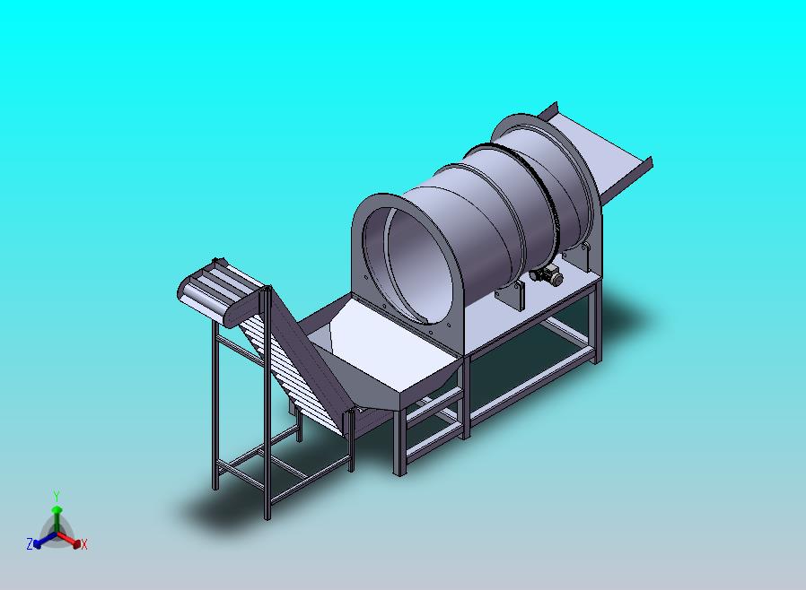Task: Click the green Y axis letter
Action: pos(57,497)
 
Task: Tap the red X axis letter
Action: pos(84,544)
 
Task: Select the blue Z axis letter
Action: pos(30,543)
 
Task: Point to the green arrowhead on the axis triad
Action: pos(57,509)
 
